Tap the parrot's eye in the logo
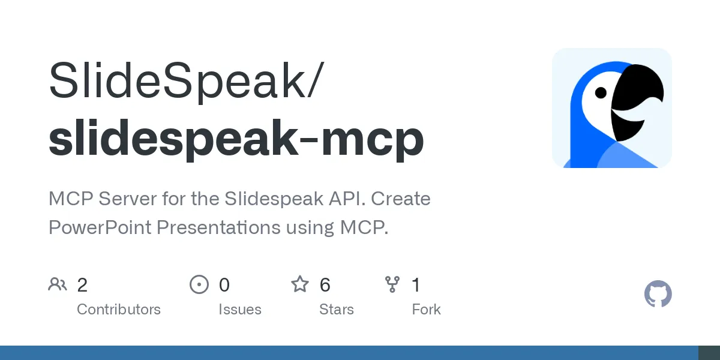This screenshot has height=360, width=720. point(601,93)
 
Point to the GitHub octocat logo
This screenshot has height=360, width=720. point(658,295)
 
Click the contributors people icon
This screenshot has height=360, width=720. point(58,284)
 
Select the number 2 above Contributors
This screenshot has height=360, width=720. point(82,285)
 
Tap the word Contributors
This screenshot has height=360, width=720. point(119,310)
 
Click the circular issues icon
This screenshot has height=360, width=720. point(199,284)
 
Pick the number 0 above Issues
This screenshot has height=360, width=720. point(224,285)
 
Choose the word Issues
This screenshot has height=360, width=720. point(240,310)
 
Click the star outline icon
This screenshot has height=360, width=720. point(299,284)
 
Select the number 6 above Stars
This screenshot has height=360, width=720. point(325,285)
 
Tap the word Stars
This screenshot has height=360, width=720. point(337,310)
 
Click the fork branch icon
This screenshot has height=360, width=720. point(392,284)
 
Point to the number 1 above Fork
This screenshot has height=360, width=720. point(416,285)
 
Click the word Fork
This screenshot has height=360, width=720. point(427,310)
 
